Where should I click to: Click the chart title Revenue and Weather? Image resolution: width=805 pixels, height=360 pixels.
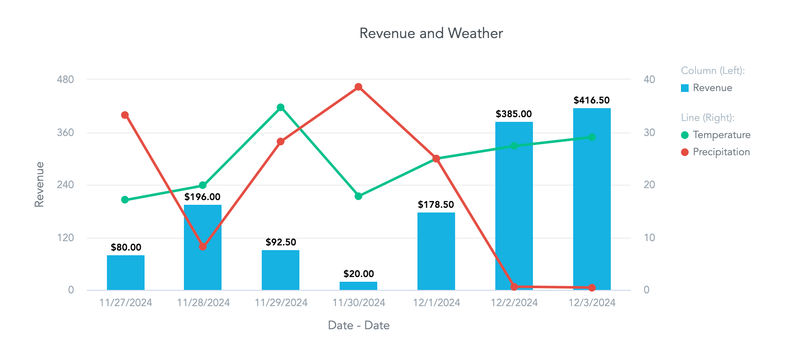[431, 33]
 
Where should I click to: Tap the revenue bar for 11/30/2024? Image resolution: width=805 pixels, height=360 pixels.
[358, 286]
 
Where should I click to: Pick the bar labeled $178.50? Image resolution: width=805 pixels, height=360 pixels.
[436, 252]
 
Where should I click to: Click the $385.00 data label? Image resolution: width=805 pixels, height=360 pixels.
[513, 114]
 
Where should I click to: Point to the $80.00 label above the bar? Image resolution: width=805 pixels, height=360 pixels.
[126, 247]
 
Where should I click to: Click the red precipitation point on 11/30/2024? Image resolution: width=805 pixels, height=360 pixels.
[358, 87]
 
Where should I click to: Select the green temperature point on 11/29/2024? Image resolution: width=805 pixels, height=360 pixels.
[281, 107]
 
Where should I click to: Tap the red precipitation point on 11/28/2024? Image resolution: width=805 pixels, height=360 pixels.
[203, 247]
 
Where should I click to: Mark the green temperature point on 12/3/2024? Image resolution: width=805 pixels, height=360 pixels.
[592, 137]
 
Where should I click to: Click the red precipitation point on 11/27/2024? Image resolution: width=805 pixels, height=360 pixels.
[125, 115]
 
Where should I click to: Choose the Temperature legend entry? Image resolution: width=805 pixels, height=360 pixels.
[721, 135]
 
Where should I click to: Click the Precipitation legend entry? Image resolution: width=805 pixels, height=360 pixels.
[721, 152]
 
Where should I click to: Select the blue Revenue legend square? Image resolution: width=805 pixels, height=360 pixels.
[685, 88]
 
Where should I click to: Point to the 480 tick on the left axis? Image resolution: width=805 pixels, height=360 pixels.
[65, 80]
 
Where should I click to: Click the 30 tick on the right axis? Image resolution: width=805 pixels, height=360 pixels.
[649, 133]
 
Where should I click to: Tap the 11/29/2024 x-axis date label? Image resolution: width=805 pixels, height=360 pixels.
[281, 303]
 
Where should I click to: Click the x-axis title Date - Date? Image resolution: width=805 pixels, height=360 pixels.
[358, 325]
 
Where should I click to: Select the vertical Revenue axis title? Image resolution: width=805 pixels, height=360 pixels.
[39, 185]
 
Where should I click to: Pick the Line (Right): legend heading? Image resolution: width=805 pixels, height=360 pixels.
[707, 118]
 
